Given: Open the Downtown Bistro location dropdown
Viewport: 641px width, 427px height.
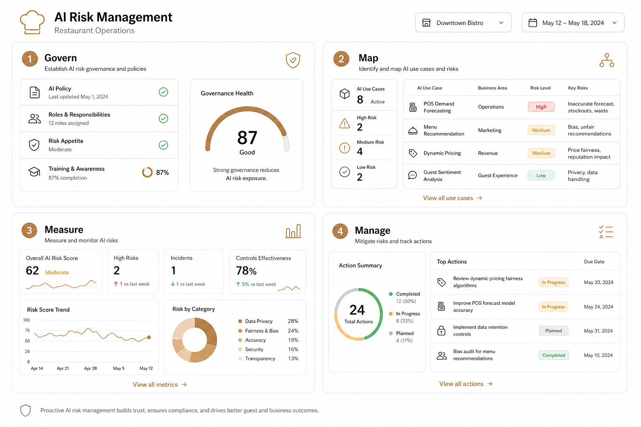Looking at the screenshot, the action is [463, 23].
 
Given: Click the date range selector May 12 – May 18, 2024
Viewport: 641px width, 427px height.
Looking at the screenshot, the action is [573, 23].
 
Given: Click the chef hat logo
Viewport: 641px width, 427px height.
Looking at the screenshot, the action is [32, 22].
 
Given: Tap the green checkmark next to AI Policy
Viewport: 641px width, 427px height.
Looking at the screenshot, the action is [164, 92].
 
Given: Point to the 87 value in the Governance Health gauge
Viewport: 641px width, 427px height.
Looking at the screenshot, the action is [247, 138].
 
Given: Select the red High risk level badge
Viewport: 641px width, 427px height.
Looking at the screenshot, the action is [541, 107].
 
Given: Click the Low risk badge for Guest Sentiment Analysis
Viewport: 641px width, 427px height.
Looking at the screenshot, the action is [541, 175].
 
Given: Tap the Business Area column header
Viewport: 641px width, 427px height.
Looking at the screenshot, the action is [492, 88].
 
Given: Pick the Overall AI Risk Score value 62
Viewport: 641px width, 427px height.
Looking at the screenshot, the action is [32, 271].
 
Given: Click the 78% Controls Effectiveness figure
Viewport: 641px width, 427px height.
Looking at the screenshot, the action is [246, 271].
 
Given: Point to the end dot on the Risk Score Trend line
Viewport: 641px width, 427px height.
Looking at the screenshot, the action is [149, 337].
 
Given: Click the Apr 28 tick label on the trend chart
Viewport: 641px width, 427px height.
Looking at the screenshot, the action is [91, 368].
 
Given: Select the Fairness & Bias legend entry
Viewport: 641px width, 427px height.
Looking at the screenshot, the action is [262, 331].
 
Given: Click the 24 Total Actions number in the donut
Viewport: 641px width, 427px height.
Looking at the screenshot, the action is [357, 310].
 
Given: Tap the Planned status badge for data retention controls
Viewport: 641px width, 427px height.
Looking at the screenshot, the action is [553, 331].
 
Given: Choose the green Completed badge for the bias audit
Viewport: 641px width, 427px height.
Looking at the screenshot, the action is [553, 355].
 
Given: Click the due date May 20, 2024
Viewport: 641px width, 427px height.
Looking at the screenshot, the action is [598, 282].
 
